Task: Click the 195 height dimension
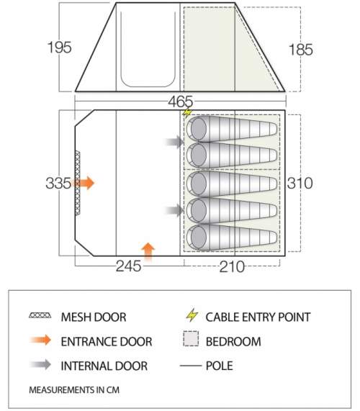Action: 60,48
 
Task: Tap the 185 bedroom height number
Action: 301,50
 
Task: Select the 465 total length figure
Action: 181,101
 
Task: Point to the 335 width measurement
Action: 58,183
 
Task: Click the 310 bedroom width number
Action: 300,183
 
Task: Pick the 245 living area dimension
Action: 128,266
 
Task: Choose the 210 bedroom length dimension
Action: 232,267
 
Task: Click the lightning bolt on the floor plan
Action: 187,113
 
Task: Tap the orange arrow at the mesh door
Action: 84,183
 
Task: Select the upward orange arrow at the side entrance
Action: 148,252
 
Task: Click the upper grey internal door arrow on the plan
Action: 174,142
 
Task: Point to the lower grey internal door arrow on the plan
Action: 174,210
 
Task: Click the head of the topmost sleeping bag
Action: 199,130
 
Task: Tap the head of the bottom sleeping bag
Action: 199,238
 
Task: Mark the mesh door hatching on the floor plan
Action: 78,183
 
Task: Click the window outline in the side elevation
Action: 148,49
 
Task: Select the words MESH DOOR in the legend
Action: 94,317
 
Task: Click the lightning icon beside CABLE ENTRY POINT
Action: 192,315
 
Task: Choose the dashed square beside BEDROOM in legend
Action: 191,338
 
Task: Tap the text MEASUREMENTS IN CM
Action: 74,390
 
